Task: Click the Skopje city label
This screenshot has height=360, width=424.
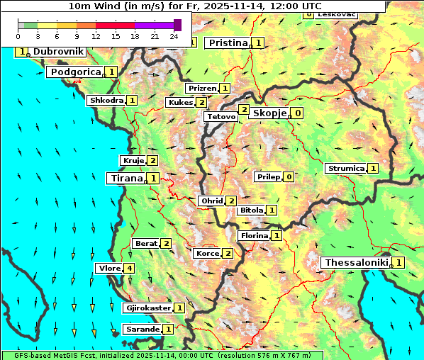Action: click(269, 113)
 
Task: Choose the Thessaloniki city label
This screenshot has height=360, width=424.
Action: click(356, 263)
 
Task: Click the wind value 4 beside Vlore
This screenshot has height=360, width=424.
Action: click(129, 269)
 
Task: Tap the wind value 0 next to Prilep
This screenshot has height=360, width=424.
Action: click(289, 177)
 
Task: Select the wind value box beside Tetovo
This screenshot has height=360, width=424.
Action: click(244, 110)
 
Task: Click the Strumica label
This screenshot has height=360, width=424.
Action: click(345, 169)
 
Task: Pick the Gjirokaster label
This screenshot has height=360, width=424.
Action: click(148, 308)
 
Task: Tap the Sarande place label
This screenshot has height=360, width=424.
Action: click(142, 330)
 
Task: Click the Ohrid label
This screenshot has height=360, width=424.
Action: click(212, 201)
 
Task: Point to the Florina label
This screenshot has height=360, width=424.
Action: click(254, 236)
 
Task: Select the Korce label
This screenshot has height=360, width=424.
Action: click(207, 254)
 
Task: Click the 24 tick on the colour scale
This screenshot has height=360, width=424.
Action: click(174, 37)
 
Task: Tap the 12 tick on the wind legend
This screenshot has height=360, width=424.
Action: click(96, 37)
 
